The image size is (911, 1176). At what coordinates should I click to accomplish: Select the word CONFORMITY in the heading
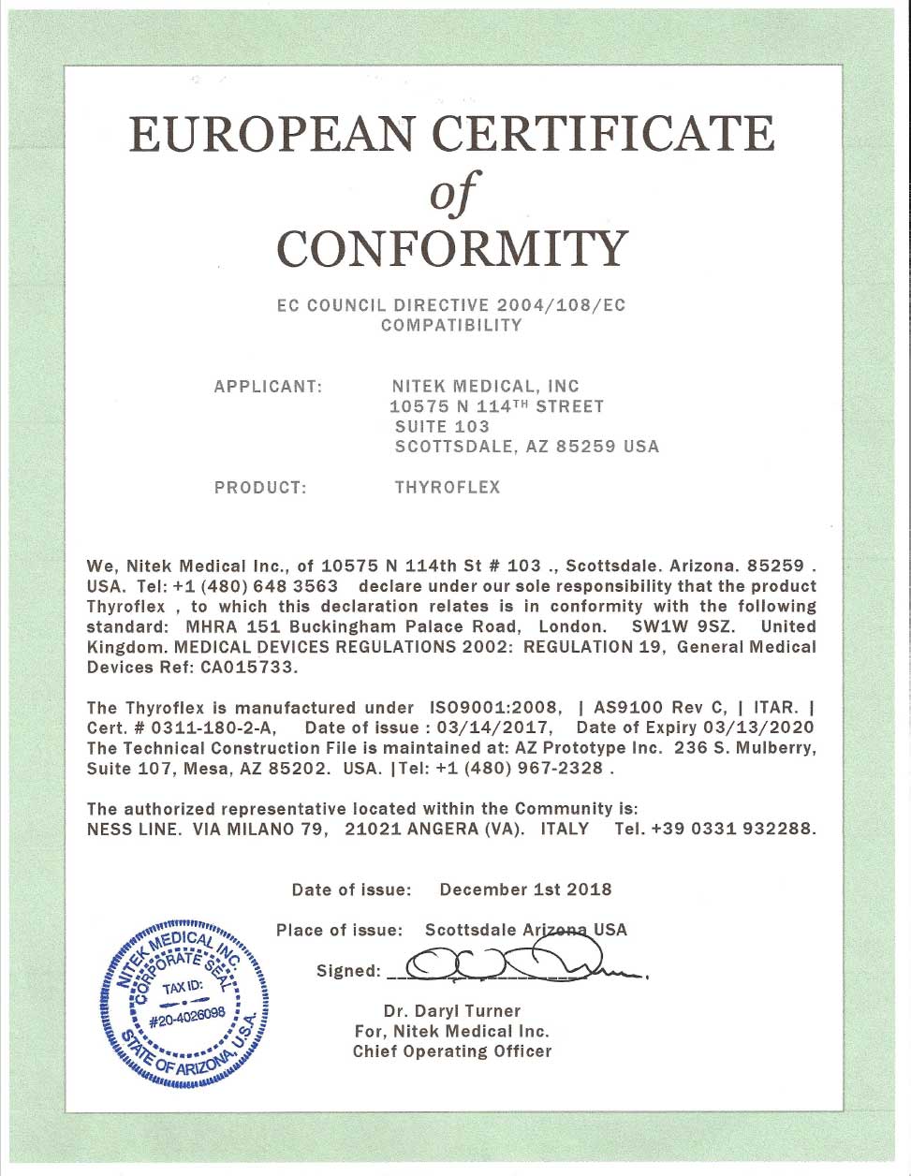point(453,248)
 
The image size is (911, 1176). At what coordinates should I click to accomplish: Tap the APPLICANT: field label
point(269,387)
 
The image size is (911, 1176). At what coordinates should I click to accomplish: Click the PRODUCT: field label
point(260,488)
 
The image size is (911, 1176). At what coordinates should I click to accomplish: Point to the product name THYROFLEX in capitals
point(448,488)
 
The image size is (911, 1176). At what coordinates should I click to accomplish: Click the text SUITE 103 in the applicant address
point(442,427)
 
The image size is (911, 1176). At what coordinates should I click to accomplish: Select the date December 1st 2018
point(525,889)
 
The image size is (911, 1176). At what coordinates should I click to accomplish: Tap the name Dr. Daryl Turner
point(451,1011)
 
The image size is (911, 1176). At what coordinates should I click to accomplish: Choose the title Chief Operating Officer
point(451,1052)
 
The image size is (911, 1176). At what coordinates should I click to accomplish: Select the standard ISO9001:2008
point(495,708)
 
